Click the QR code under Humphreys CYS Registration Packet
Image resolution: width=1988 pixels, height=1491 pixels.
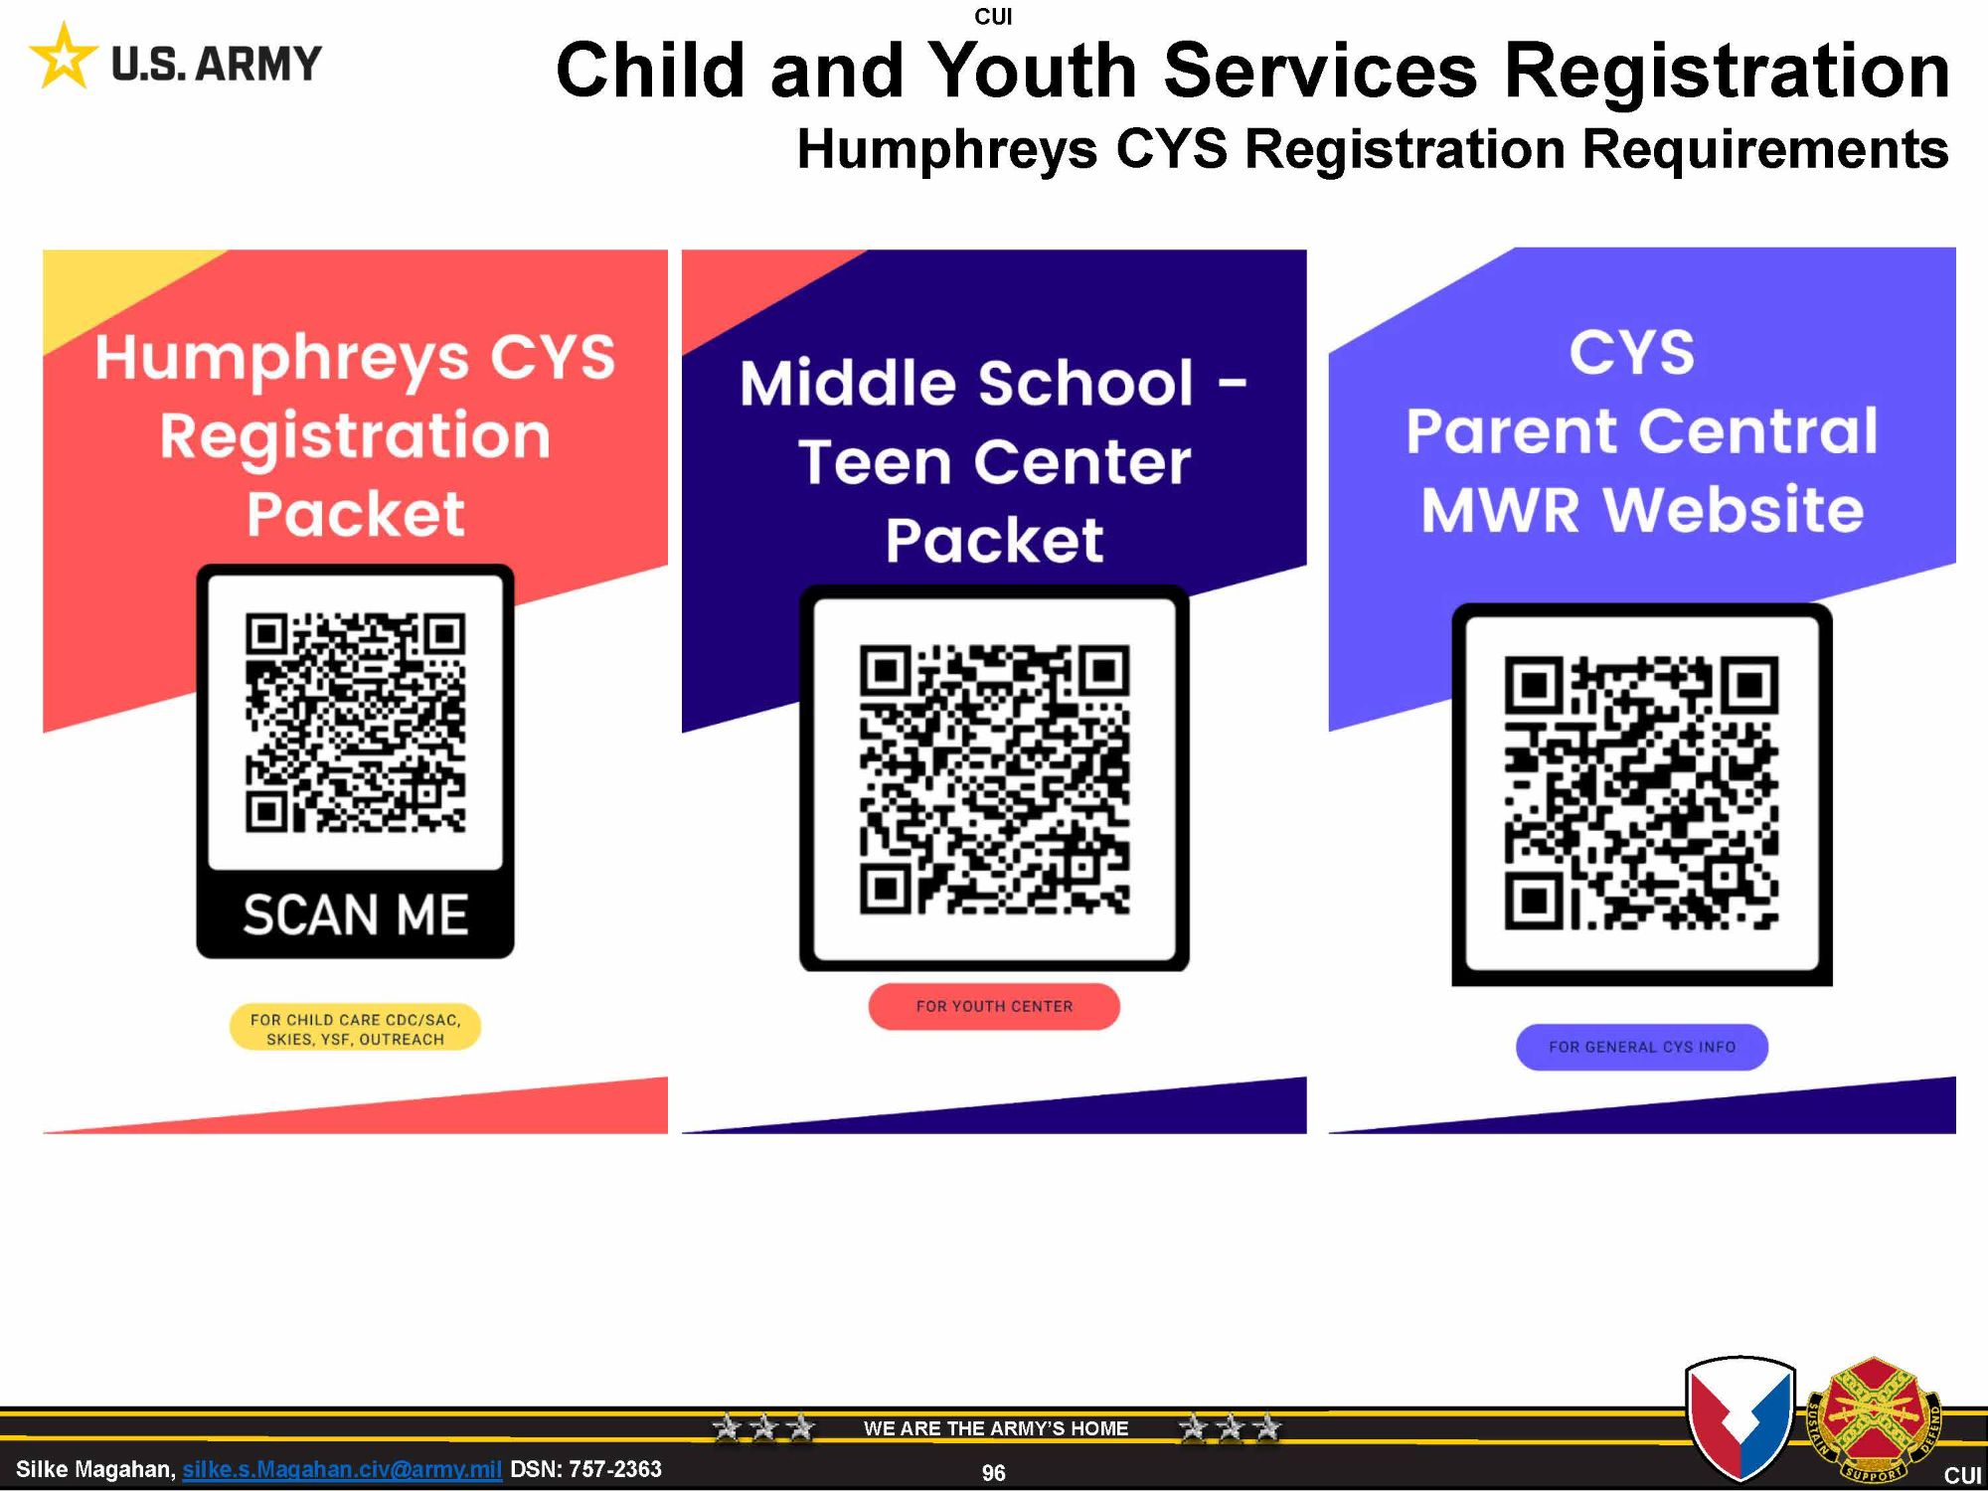click(355, 723)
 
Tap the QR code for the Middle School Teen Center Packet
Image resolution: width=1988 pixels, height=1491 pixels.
click(994, 779)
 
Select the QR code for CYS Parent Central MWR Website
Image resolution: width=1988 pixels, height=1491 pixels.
click(1641, 792)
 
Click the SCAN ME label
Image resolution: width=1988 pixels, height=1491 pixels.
click(355, 914)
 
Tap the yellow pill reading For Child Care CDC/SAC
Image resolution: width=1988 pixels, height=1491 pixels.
click(355, 1028)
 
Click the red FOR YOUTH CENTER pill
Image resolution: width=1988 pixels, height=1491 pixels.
click(994, 1006)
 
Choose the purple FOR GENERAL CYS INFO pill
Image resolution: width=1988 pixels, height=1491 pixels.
click(1641, 1047)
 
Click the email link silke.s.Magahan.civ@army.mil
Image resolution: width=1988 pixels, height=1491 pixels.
click(342, 1469)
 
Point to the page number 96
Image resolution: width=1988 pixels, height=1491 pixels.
click(993, 1473)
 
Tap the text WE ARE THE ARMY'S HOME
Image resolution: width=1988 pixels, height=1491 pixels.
click(996, 1428)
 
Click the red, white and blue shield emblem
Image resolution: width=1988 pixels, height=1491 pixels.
click(1740, 1418)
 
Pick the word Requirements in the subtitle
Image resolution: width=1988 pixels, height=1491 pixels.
click(1764, 150)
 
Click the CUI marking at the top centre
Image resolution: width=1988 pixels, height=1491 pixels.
click(993, 16)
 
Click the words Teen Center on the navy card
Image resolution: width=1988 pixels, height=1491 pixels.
click(994, 461)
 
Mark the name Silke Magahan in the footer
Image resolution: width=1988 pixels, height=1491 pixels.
click(95, 1469)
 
